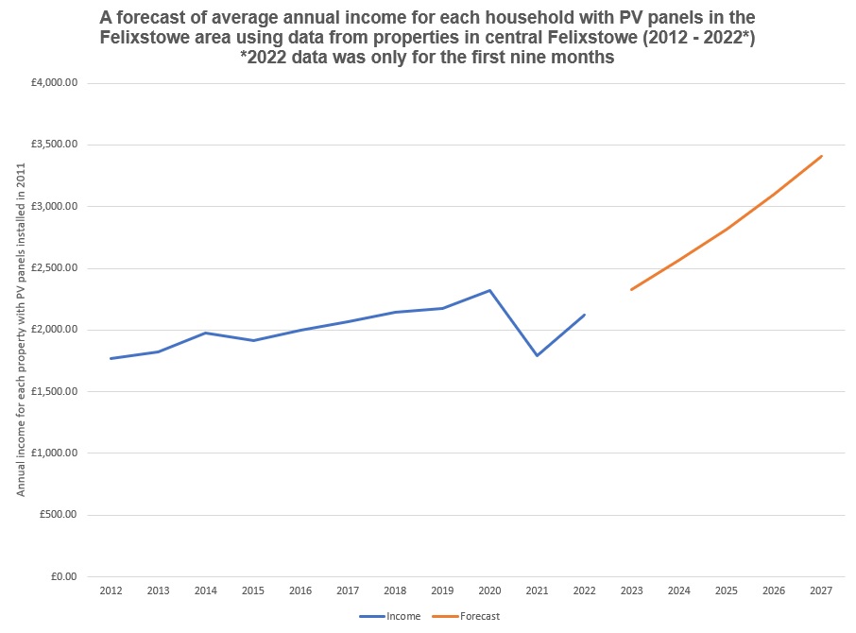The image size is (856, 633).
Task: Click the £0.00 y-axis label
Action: pyautogui.click(x=68, y=576)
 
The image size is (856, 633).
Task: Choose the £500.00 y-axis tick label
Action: pyautogui.click(x=62, y=515)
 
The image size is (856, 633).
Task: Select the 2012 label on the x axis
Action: pyautogui.click(x=111, y=591)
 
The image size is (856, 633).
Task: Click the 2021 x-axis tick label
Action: pyautogui.click(x=537, y=591)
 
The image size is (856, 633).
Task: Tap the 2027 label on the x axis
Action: pyautogui.click(x=821, y=591)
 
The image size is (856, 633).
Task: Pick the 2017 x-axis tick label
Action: pyautogui.click(x=348, y=591)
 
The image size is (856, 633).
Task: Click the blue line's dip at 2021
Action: pyautogui.click(x=537, y=355)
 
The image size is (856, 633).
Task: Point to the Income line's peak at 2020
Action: pyautogui.click(x=489, y=290)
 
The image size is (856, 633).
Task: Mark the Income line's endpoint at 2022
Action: pyautogui.click(x=585, y=315)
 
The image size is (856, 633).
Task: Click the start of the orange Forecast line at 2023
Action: pyautogui.click(x=631, y=289)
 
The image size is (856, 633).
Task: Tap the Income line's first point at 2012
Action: pyautogui.click(x=111, y=358)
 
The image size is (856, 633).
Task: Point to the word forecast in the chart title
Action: pyautogui.click(x=181, y=17)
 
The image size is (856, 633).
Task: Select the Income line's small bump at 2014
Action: pyautogui.click(x=206, y=333)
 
